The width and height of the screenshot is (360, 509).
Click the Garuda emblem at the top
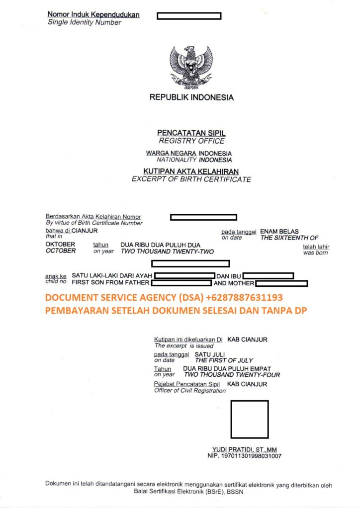pyautogui.click(x=191, y=67)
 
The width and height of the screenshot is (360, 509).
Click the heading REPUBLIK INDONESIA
pyautogui.click(x=191, y=97)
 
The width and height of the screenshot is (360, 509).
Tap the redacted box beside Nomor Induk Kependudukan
pyautogui.click(x=189, y=16)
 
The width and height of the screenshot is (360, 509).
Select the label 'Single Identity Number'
pyautogui.click(x=85, y=22)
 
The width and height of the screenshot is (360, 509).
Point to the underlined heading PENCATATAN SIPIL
pyautogui.click(x=191, y=133)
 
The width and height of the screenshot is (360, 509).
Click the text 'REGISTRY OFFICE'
pyautogui.click(x=191, y=141)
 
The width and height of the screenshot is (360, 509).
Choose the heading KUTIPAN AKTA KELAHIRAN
pyautogui.click(x=191, y=171)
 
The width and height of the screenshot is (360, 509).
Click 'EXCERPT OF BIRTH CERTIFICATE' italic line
pyautogui.click(x=191, y=179)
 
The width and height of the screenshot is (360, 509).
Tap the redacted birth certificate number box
pyautogui.click(x=203, y=217)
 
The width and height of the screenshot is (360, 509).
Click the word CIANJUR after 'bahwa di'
pyautogui.click(x=85, y=231)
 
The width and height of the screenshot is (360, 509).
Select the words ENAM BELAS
pyautogui.click(x=279, y=231)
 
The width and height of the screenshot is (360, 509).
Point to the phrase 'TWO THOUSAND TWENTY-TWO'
pyautogui.click(x=167, y=252)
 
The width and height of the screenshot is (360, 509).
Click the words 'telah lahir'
pyautogui.click(x=316, y=247)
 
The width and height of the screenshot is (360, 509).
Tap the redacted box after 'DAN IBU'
pyautogui.click(x=268, y=275)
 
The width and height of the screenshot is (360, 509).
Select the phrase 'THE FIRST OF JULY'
pyautogui.click(x=224, y=360)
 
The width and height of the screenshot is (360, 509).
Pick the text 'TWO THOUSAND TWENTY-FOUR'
pyautogui.click(x=232, y=375)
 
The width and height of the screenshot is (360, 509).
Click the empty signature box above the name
pyautogui.click(x=250, y=419)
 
